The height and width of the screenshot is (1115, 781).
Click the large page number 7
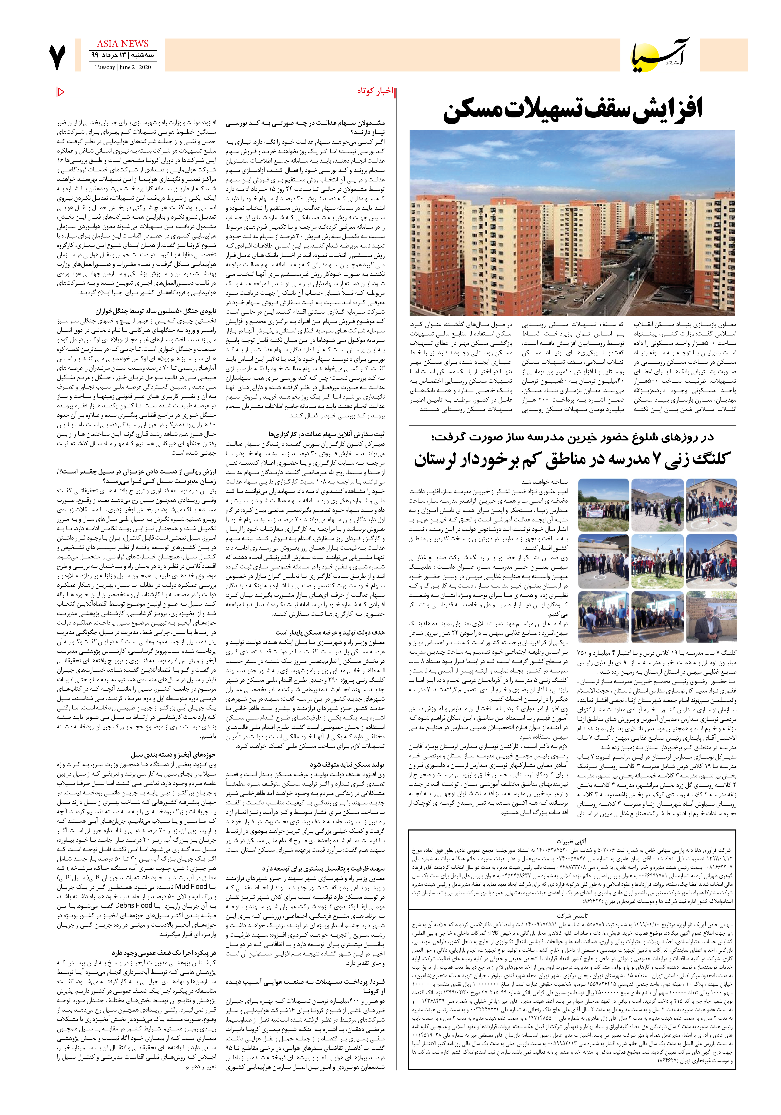57,57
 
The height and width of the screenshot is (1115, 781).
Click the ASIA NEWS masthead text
122,44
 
